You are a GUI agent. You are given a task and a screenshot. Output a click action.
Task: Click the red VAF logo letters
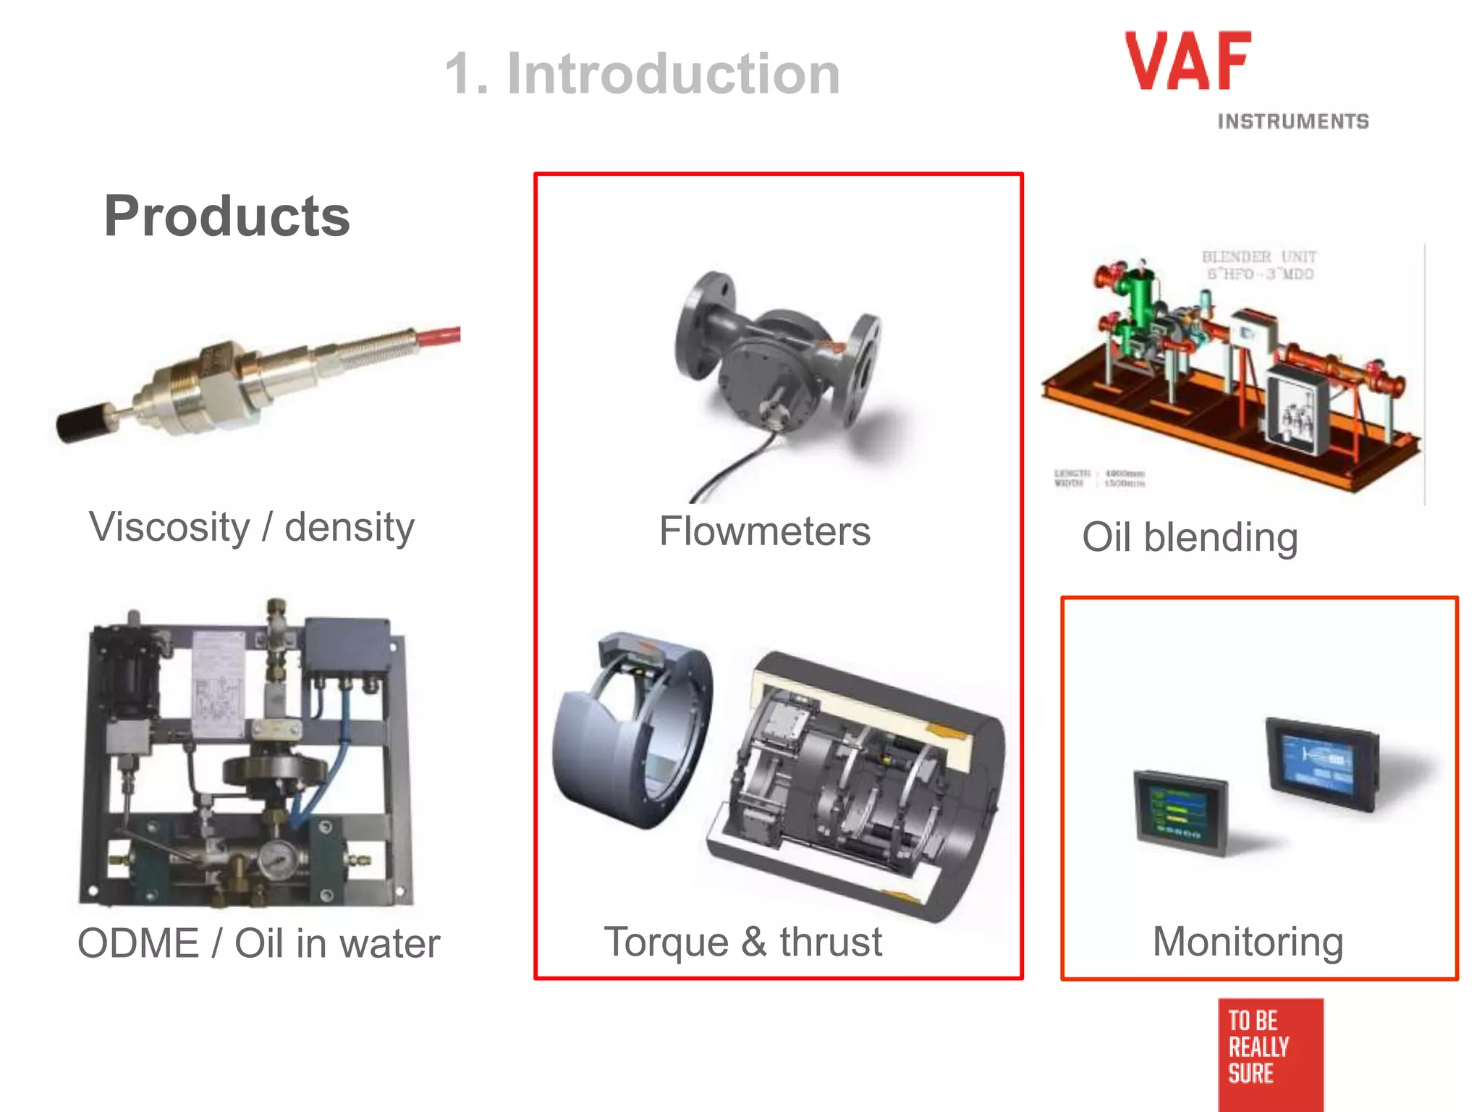pos(1187,62)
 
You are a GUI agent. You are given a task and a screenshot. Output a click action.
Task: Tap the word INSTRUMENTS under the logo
pos(1292,122)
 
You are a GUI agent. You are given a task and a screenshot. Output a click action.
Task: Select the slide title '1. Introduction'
pos(642,74)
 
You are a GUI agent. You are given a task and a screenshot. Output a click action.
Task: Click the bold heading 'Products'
pos(227,216)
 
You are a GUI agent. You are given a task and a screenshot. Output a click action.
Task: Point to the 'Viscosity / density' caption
pos(251,527)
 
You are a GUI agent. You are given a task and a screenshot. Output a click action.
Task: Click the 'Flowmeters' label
pos(764,531)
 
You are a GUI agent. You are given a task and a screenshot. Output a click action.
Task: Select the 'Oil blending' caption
pos(1189,537)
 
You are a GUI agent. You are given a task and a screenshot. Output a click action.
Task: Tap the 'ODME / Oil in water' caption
pos(258,943)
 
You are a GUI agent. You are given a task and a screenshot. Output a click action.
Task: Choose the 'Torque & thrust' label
pos(742,942)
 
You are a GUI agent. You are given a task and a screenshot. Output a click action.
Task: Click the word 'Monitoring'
pos(1248,941)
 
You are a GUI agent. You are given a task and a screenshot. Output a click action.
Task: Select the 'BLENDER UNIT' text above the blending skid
pos(1258,257)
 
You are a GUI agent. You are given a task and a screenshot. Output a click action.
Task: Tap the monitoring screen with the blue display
pos(1321,763)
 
